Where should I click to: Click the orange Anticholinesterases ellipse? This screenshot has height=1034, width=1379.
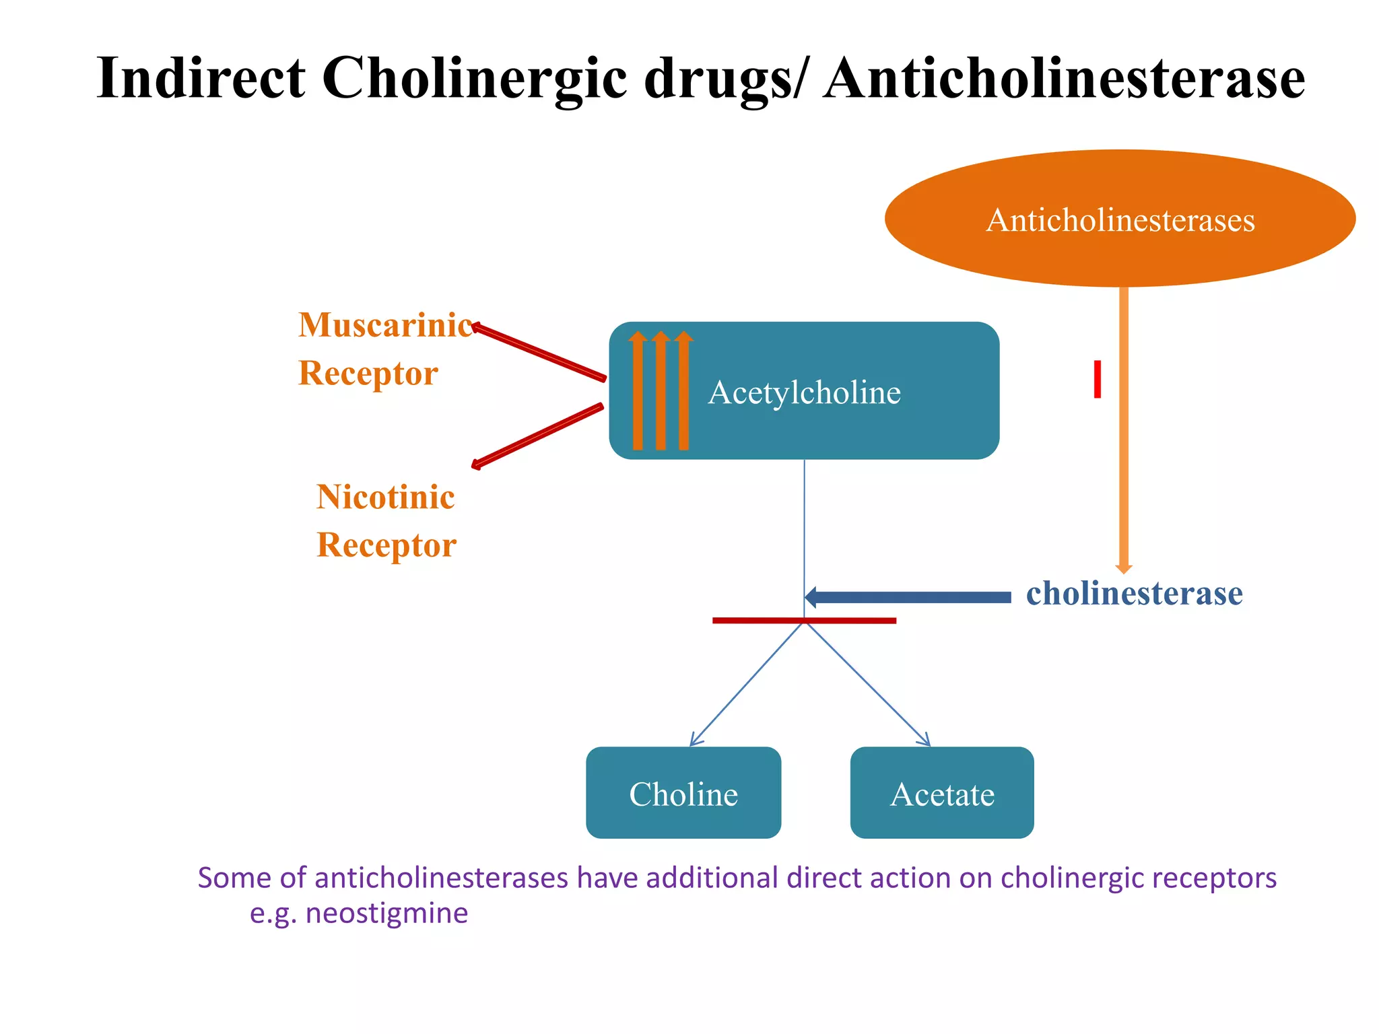tap(1119, 219)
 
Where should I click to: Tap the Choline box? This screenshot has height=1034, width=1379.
tap(683, 794)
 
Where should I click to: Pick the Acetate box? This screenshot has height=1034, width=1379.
tap(941, 794)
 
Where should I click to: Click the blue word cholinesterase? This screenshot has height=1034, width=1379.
tap(1134, 594)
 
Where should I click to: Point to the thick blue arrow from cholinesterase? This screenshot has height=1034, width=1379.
tap(909, 597)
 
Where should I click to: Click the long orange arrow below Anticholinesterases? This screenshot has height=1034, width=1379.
tap(1123, 431)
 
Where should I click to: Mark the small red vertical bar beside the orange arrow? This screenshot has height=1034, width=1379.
tap(1098, 379)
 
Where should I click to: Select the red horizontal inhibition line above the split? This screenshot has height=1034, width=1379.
tap(804, 620)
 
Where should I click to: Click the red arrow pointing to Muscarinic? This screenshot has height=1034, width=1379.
tap(539, 352)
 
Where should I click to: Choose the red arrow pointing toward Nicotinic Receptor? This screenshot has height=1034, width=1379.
tap(537, 436)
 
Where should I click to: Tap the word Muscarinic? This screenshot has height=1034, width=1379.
tap(385, 325)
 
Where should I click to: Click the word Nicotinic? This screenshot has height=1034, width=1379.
tap(385, 497)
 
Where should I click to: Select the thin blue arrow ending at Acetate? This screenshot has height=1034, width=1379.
tap(869, 683)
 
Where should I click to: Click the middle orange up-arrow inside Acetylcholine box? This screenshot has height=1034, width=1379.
tap(661, 390)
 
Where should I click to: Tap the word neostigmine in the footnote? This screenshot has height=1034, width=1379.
tap(386, 914)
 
